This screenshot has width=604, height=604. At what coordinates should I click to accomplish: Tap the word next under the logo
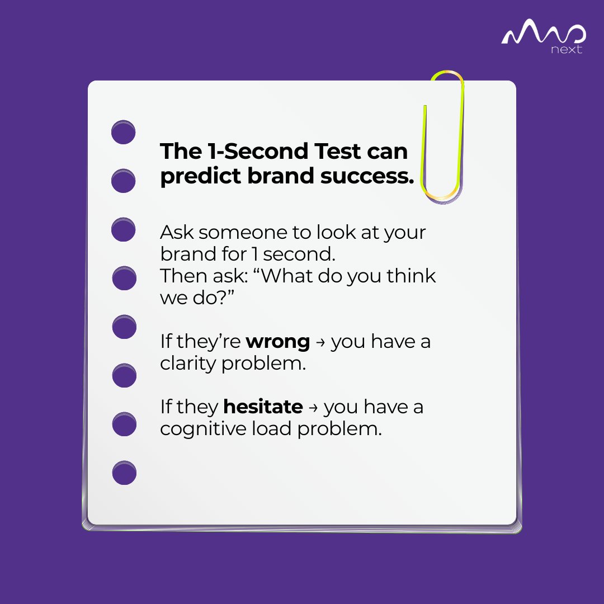click(x=566, y=50)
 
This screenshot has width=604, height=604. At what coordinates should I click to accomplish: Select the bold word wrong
click(x=278, y=341)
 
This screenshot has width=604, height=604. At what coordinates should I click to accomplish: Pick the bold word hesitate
click(x=263, y=407)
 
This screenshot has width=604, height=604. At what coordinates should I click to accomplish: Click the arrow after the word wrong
click(x=320, y=342)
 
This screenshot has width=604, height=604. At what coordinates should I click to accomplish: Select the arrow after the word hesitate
click(x=313, y=408)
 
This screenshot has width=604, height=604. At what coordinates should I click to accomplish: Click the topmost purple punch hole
click(x=124, y=133)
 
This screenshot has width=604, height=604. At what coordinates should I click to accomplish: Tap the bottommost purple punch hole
click(x=124, y=473)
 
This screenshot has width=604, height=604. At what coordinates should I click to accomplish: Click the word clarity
click(x=188, y=364)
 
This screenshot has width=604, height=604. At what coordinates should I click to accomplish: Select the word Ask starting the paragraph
click(x=176, y=232)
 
